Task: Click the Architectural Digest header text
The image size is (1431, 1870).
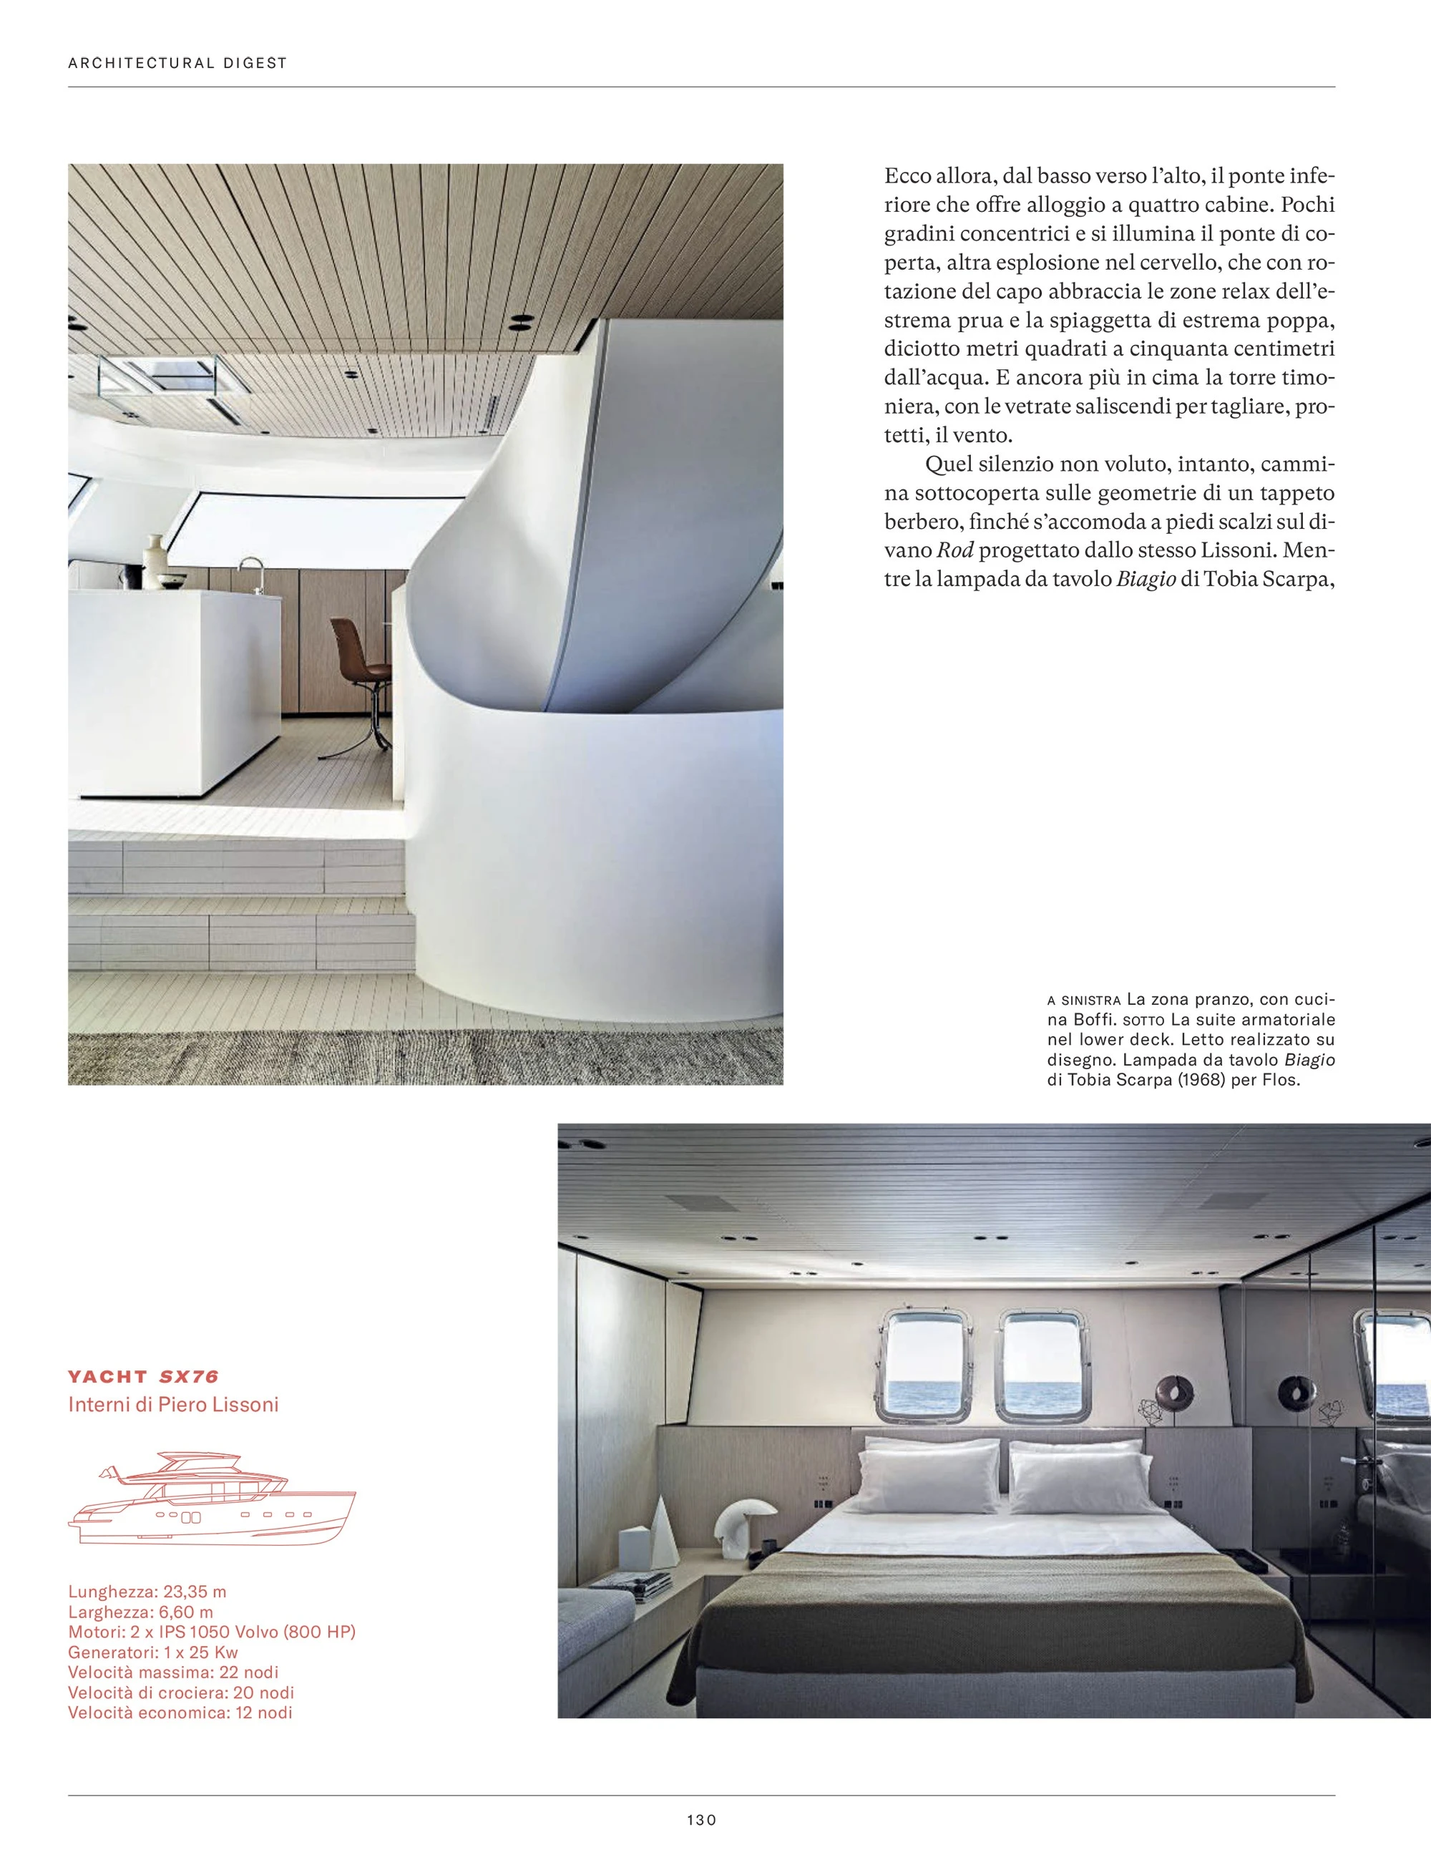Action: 177,62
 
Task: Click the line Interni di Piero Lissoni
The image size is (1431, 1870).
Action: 173,1404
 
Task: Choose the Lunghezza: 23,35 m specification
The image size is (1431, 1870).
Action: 147,1592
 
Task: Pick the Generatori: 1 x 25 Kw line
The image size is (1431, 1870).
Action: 152,1652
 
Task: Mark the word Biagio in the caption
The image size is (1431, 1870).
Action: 1309,1060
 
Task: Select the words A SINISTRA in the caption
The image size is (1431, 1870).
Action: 1083,1000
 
